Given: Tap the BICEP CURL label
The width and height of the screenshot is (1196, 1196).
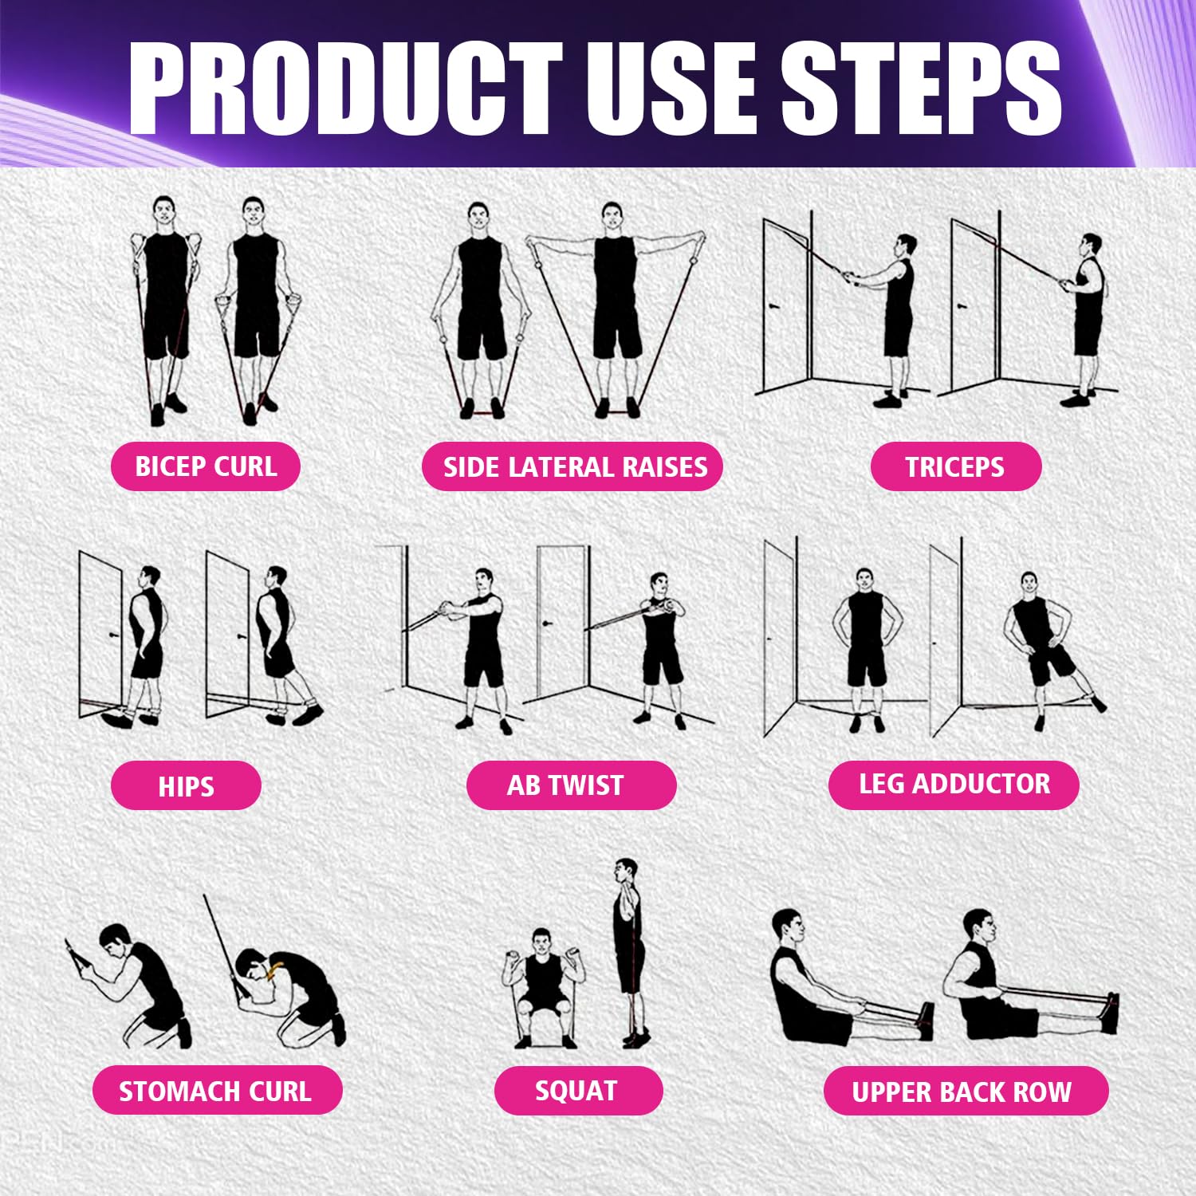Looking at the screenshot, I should coord(206,466).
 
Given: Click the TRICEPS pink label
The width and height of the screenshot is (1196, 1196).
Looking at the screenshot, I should coord(955,466).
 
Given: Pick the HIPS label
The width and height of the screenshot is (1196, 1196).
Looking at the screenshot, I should coord(186,786).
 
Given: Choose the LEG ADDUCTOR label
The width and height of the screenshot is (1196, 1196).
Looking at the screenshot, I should coord(954,785).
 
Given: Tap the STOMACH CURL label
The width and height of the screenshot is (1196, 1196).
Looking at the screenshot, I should coord(215,1091).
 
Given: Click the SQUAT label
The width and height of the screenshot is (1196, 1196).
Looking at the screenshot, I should coord(577,1091).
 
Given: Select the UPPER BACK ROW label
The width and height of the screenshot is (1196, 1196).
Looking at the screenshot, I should coord(962,1092).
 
